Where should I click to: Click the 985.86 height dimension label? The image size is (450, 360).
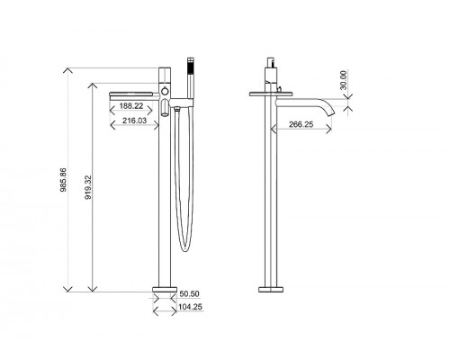[x=63, y=179]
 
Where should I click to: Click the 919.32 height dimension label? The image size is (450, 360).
[x=88, y=187]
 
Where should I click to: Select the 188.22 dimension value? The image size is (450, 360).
[x=131, y=106]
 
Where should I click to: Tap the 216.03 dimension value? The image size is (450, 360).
[x=134, y=121]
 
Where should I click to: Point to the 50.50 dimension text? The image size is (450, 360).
[x=189, y=293]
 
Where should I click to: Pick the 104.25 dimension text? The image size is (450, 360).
[x=190, y=307]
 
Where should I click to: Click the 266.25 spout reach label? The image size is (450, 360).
[x=301, y=124]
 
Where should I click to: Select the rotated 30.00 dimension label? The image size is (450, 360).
[x=344, y=80]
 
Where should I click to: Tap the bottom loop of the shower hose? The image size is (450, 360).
[x=184, y=249]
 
